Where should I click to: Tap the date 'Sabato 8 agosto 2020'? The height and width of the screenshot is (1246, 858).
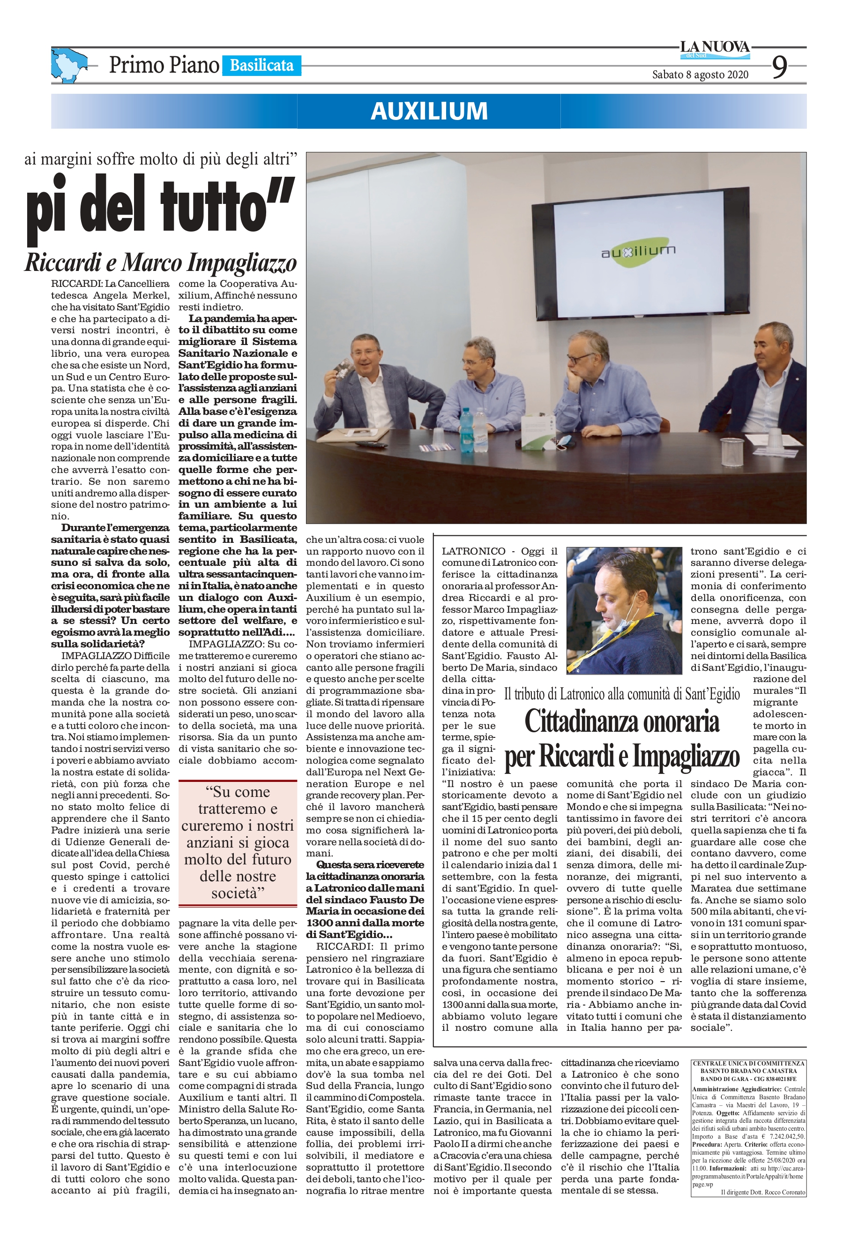pyautogui.click(x=700, y=75)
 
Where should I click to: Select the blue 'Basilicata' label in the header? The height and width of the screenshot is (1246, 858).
pyautogui.click(x=261, y=66)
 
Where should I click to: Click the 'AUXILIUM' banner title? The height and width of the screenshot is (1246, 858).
pyautogui.click(x=429, y=111)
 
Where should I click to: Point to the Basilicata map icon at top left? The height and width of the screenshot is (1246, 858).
pyautogui.click(x=68, y=65)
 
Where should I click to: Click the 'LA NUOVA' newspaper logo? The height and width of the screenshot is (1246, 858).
pyautogui.click(x=715, y=48)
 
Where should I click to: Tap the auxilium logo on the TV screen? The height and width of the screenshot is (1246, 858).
pyautogui.click(x=638, y=251)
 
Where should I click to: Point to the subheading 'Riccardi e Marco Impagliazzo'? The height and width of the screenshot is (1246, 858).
pyautogui.click(x=161, y=263)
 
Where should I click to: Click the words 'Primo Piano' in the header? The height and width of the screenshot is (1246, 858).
pyautogui.click(x=164, y=66)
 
